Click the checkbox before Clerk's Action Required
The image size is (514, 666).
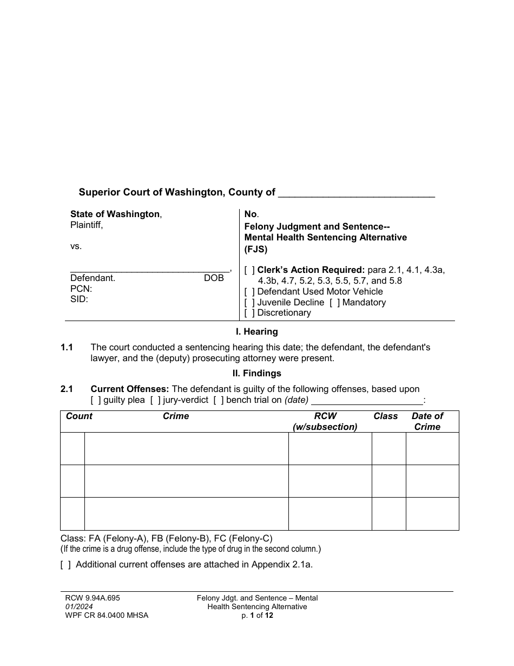[249, 270]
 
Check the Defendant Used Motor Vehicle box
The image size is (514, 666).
[249, 291]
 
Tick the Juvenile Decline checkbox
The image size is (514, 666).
[249, 302]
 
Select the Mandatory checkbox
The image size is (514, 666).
[334, 302]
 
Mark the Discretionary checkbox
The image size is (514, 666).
[249, 312]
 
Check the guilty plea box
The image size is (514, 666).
[96, 400]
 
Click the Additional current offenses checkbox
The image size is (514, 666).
[65, 564]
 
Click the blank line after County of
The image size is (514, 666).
[357, 193]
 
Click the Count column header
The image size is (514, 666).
[79, 416]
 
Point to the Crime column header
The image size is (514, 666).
[176, 416]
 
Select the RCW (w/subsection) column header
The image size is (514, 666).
[325, 421]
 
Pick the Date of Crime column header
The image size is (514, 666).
[427, 421]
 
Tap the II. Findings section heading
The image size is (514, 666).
[256, 373]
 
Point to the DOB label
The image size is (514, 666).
[213, 278]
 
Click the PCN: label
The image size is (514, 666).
[81, 289]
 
